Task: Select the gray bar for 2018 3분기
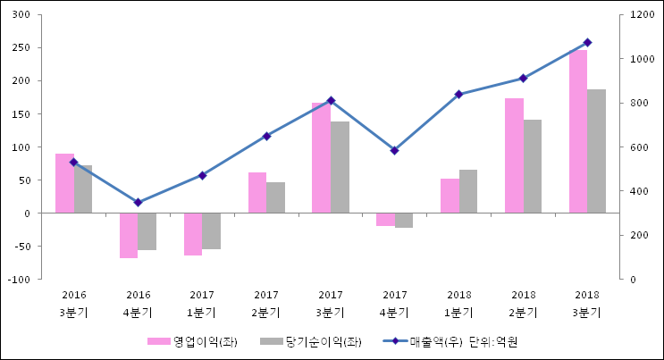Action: click(596, 151)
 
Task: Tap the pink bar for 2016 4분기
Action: click(129, 235)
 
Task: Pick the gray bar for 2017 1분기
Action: click(211, 230)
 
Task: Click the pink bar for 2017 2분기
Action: click(257, 192)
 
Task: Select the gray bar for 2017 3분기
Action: click(340, 167)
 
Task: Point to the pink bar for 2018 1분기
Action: click(450, 196)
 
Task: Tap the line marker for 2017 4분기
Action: click(394, 150)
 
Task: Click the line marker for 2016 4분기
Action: click(138, 203)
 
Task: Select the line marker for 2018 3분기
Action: click(587, 42)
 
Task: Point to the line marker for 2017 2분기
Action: click(266, 136)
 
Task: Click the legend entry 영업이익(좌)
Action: click(192, 341)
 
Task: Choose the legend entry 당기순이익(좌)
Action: click(311, 341)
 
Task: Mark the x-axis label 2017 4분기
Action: click(394, 304)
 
